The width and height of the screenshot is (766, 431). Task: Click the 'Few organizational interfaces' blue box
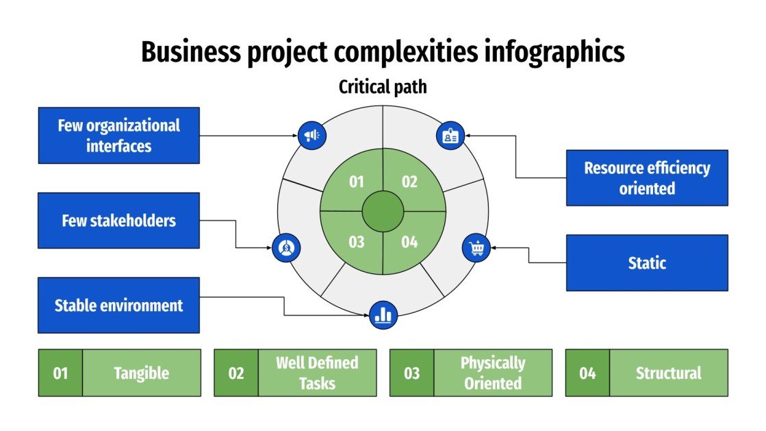tap(118, 135)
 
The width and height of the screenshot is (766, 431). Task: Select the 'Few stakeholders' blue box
tap(118, 220)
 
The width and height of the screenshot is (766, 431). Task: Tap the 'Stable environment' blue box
tap(118, 305)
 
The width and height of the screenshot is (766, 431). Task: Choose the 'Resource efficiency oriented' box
tap(646, 177)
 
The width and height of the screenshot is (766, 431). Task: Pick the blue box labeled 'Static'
tap(646, 262)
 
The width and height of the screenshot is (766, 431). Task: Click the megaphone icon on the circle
tap(312, 135)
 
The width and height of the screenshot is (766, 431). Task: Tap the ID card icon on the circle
tap(450, 136)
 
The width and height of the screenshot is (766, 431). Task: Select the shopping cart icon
tap(477, 247)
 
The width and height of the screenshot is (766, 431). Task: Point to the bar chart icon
tap(383, 315)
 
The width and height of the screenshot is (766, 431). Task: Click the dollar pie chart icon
tap(286, 247)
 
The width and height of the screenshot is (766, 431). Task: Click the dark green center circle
tap(383, 212)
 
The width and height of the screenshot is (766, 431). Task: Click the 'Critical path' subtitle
tap(383, 87)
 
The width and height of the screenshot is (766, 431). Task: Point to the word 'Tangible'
tap(141, 373)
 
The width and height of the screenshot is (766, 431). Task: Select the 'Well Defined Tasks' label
tap(317, 373)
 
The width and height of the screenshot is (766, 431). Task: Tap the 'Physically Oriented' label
tap(492, 373)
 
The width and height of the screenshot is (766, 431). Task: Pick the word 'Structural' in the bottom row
tap(668, 373)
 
